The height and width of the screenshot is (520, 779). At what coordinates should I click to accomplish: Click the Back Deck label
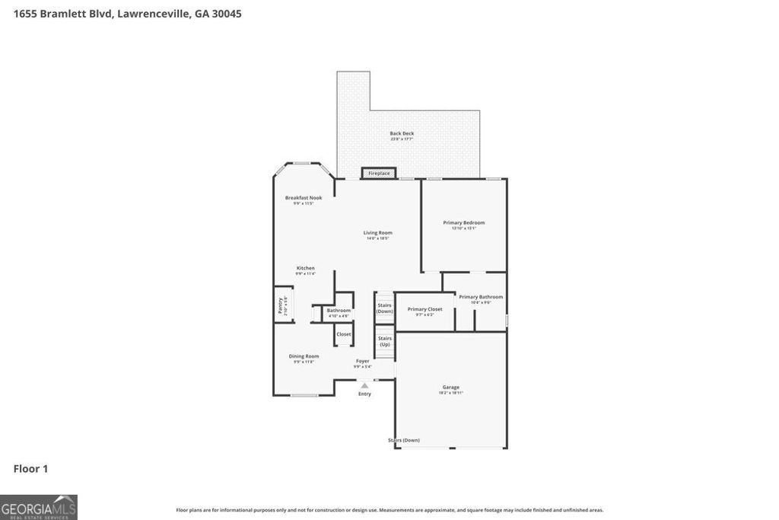pyautogui.click(x=402, y=134)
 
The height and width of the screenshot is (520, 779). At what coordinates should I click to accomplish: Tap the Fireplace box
pyautogui.click(x=379, y=174)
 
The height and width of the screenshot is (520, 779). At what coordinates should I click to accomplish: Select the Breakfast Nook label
pyautogui.click(x=304, y=198)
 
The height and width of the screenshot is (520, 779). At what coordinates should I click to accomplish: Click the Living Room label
pyautogui.click(x=377, y=233)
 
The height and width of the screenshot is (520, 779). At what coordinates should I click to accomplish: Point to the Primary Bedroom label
pyautogui.click(x=463, y=223)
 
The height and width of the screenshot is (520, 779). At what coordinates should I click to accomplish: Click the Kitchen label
pyautogui.click(x=305, y=268)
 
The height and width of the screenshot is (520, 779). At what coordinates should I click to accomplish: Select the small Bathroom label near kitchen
pyautogui.click(x=339, y=311)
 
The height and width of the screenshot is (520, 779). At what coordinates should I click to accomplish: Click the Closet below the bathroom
pyautogui.click(x=344, y=334)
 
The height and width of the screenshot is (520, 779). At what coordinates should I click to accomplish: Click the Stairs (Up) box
pyautogui.click(x=385, y=340)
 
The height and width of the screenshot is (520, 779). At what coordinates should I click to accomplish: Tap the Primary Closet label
pyautogui.click(x=424, y=309)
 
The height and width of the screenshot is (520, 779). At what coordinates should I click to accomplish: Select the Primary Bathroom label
pyautogui.click(x=480, y=297)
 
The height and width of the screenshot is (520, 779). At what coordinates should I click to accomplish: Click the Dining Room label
pyautogui.click(x=304, y=356)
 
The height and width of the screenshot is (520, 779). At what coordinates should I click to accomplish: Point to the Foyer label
pyautogui.click(x=362, y=362)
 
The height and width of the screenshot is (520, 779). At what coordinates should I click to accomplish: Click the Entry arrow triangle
pyautogui.click(x=364, y=386)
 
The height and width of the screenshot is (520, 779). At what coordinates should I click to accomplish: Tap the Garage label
pyautogui.click(x=450, y=388)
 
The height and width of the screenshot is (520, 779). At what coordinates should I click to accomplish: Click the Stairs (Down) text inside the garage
pyautogui.click(x=404, y=440)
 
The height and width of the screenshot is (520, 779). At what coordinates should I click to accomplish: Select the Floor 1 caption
pyautogui.click(x=30, y=469)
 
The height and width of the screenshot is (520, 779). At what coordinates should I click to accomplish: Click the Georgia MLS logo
pyautogui.click(x=39, y=507)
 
